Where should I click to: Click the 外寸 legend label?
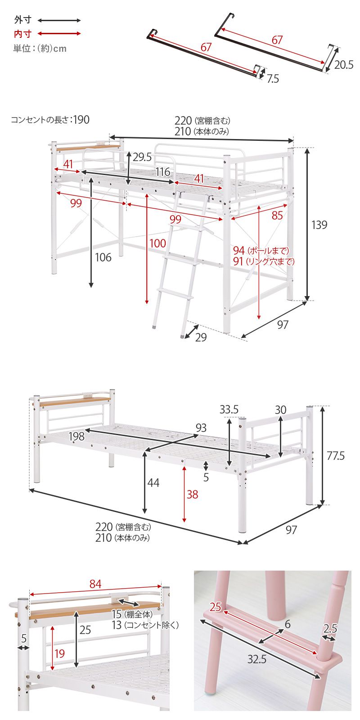[x=22, y=20]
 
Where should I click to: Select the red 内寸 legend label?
[x=22, y=34]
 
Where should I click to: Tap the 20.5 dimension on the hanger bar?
[x=344, y=65]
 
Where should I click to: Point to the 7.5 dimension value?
[x=273, y=79]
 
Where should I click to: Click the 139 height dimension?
[x=319, y=225]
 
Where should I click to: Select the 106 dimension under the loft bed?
[x=103, y=257]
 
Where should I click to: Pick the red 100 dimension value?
[x=157, y=243]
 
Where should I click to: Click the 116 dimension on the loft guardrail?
[x=162, y=172]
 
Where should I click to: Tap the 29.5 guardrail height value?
[x=142, y=157]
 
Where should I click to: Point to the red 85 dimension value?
[x=277, y=216]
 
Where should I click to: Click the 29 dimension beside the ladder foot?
[x=201, y=337]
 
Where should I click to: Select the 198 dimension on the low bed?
[x=76, y=436]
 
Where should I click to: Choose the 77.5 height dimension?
[x=336, y=456]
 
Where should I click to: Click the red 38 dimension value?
[x=192, y=495]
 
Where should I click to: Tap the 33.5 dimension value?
[x=229, y=409]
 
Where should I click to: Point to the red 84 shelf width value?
[x=95, y=584]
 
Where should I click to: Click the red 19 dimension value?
[x=59, y=653]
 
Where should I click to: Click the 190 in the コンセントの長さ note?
[x=81, y=120]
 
